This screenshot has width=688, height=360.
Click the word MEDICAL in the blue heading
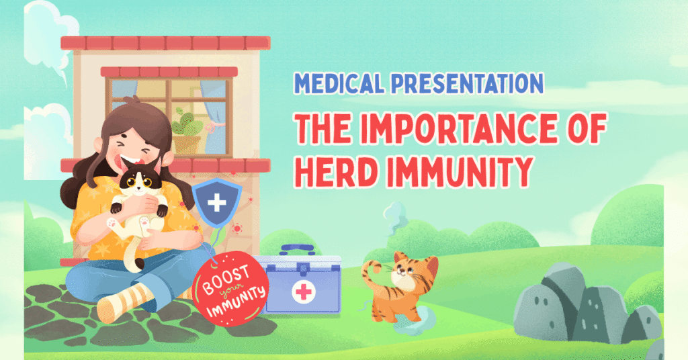click(x=339, y=83)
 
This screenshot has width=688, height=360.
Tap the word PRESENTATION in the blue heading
click(x=468, y=83)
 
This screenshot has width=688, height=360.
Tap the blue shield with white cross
click(x=217, y=202)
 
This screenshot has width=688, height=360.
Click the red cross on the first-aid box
click(x=303, y=292)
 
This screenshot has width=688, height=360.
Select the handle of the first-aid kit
click(x=298, y=251)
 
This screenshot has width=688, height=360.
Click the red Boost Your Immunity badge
click(x=230, y=288)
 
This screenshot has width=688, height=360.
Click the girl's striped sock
click(x=123, y=300)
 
